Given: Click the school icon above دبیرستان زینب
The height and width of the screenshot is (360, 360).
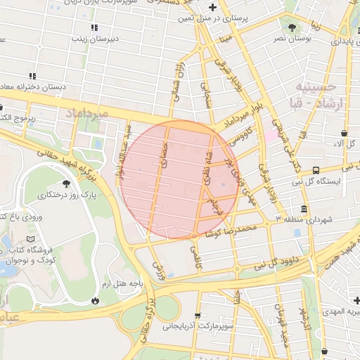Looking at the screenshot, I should click(94, 27).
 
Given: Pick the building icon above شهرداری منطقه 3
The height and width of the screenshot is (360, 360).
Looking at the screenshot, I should click(304, 210).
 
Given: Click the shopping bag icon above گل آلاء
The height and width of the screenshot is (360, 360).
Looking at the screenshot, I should click(344, 133).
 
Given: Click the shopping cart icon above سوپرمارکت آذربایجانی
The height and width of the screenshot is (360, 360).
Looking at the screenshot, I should click(198, 316).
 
